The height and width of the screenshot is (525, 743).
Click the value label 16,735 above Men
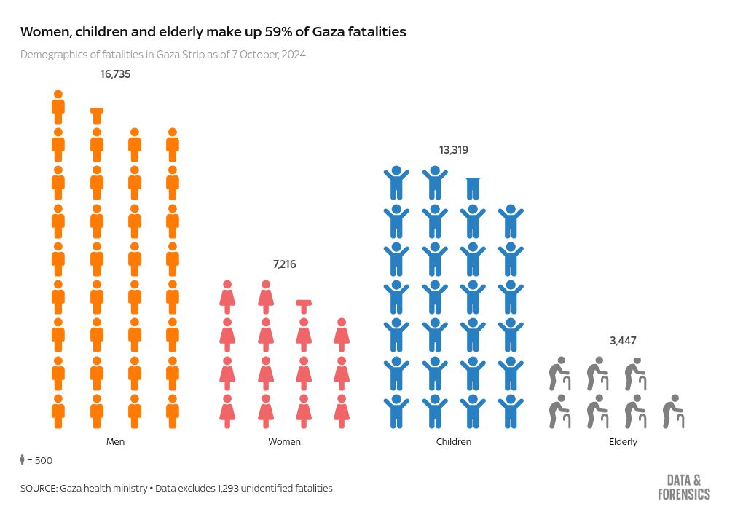(x=115, y=74)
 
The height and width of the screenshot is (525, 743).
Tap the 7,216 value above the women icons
(x=284, y=264)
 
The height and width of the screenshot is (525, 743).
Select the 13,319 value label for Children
(x=453, y=150)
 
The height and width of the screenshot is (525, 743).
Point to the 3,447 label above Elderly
(x=623, y=341)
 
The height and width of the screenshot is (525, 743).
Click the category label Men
(x=115, y=442)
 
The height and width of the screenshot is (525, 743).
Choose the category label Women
(x=284, y=442)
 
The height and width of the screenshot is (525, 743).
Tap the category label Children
(x=453, y=442)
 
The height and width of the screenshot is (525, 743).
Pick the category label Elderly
(x=623, y=442)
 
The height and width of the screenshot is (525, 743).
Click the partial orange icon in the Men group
(x=96, y=111)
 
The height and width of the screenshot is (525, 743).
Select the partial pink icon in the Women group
(x=304, y=303)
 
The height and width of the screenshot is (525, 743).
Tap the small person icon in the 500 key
(x=23, y=459)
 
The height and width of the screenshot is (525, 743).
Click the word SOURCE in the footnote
(x=38, y=488)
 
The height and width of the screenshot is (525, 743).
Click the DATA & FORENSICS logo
(x=683, y=487)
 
